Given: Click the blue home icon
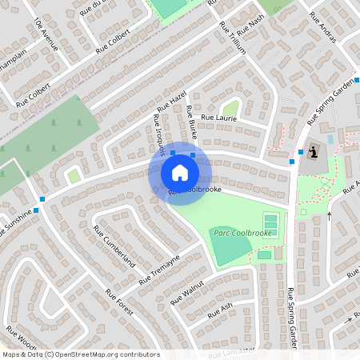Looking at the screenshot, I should tap(179, 172).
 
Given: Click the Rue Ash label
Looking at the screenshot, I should tap(219, 309).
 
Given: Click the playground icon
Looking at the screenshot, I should tap(313, 150).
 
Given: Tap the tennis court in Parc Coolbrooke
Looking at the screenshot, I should tap(270, 220).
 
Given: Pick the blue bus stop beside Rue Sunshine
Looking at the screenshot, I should tap(42, 198).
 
